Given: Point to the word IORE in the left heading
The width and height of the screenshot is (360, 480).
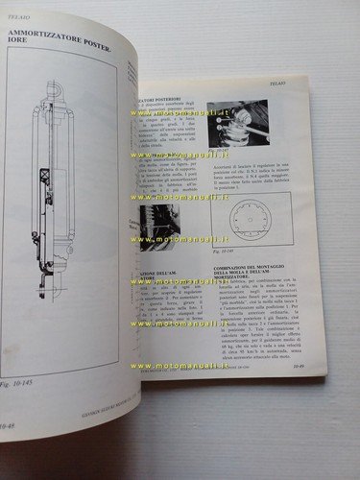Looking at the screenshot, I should (x=18, y=54).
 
